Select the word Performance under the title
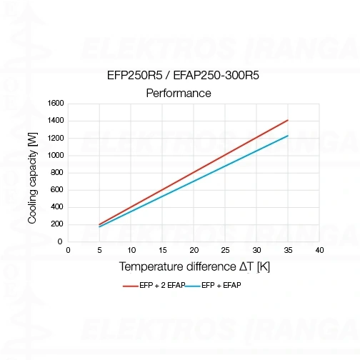coord(179,93)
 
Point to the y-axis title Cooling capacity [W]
coord(33,172)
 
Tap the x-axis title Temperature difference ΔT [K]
coord(194,266)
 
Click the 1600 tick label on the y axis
coord(56,104)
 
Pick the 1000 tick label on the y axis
coord(56,155)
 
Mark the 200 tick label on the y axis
coord(58,224)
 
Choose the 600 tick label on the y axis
coord(58,190)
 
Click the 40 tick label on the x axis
coord(319,250)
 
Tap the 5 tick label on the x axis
coord(99,250)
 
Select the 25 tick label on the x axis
coord(225,250)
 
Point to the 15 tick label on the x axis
coord(162,250)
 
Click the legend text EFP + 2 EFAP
coord(162,286)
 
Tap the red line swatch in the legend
coord(130,286)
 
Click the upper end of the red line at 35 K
coord(288,120)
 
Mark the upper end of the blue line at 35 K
coord(288,136)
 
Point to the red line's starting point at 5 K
coord(99,224)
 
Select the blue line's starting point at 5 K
coord(99,227)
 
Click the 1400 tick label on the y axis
coord(56,121)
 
